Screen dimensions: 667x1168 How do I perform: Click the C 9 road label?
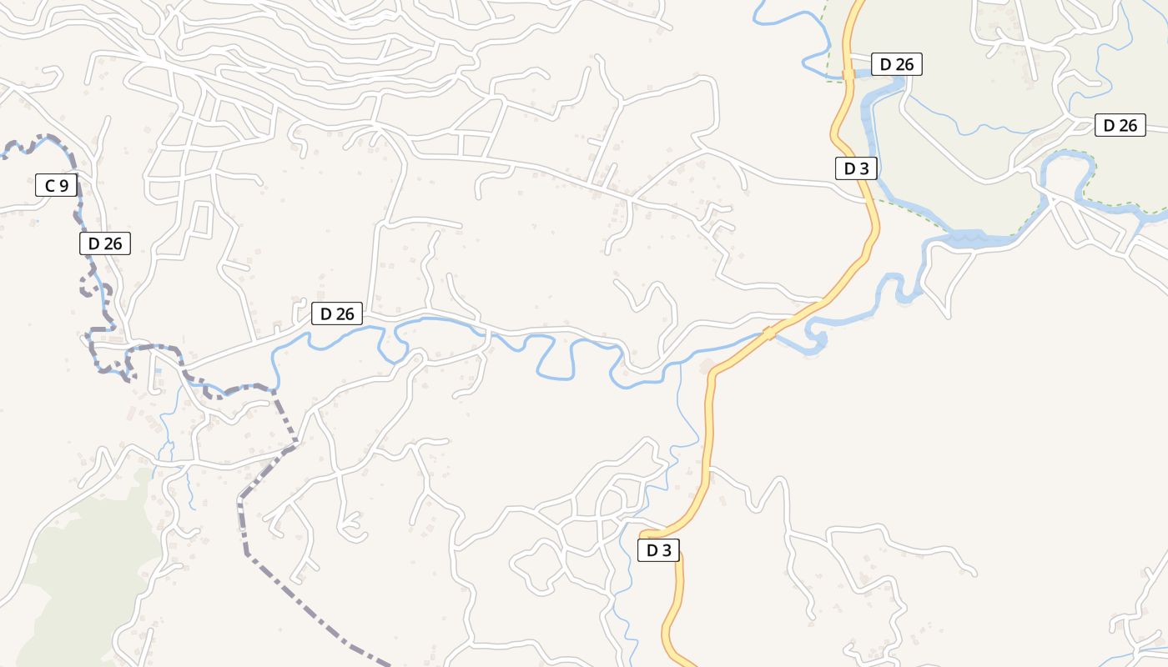[x=56, y=185]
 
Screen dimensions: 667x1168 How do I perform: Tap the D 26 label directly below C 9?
[x=105, y=243]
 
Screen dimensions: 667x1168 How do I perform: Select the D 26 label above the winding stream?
[x=337, y=313]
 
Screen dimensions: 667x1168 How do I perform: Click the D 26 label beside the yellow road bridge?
[x=896, y=64]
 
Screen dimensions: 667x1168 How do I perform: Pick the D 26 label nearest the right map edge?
[x=1120, y=125]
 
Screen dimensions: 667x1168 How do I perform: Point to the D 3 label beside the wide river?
[x=856, y=168]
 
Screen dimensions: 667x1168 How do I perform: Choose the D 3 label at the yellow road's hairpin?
[x=658, y=550]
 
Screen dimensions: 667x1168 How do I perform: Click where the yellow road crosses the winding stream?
[x=768, y=333]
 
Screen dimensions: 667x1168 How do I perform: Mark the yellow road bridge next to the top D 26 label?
[x=848, y=74]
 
